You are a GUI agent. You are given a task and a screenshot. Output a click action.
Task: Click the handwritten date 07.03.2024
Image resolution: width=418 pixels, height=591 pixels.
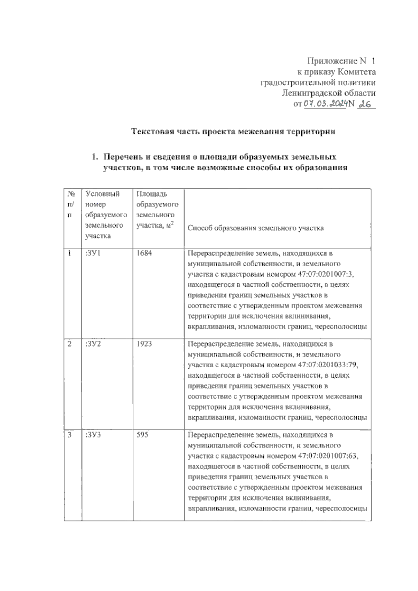coord(326,104)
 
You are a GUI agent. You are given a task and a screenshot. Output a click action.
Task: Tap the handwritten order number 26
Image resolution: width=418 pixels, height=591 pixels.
coord(365,104)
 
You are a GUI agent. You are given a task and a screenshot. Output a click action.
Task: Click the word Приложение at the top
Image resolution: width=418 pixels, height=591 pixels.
coord(331,62)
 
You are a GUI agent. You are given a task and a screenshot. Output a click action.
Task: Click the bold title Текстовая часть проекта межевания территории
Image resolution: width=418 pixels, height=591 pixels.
coord(233,132)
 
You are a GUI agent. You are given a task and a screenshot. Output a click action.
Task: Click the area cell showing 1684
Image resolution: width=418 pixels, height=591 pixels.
coord(144,253)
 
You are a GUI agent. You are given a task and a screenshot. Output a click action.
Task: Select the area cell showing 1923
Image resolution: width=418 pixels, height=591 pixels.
coord(144,344)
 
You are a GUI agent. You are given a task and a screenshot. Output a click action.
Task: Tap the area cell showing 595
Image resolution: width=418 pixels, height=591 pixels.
coord(142,435)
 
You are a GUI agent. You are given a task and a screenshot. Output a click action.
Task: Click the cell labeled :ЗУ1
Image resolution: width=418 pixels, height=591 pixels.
coord(93,253)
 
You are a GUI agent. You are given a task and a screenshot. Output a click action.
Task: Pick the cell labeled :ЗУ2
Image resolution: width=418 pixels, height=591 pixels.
coord(93,344)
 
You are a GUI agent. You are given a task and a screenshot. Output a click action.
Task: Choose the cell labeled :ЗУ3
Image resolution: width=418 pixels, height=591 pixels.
coord(93,435)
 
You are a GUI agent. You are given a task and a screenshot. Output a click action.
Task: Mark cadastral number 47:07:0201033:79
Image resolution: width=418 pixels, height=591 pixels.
coord(328,365)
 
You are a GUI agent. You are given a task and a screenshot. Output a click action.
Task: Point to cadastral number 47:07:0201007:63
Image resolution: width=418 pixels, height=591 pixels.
coord(328,456)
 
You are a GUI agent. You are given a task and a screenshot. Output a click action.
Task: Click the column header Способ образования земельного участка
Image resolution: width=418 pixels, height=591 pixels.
coord(256,228)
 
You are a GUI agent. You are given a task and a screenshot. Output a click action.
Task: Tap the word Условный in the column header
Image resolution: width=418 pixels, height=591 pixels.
coord(102,194)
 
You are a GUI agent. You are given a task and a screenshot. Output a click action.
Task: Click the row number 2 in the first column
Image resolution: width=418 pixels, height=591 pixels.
coord(70,344)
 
